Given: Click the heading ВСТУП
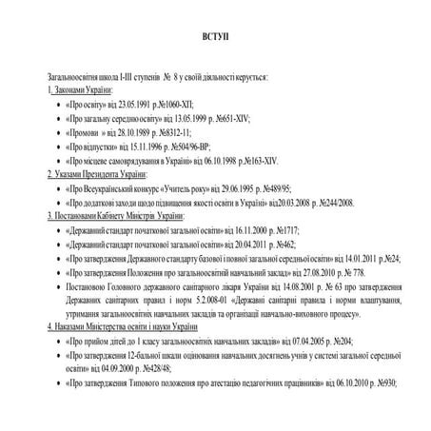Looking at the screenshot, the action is pos(215,36).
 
